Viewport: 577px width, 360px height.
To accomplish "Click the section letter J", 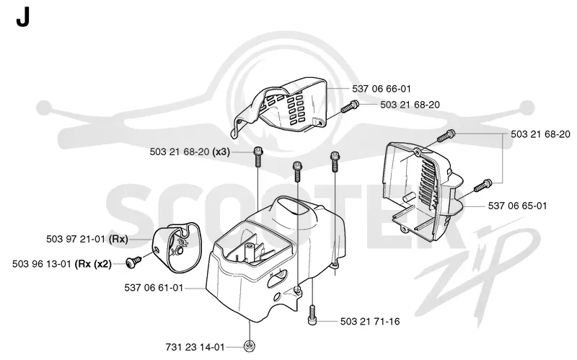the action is (x=22, y=17).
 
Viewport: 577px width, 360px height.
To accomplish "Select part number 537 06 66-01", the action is (x=382, y=89).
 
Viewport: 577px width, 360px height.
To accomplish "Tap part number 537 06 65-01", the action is (x=517, y=206).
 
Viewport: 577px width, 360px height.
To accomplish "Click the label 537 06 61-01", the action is (x=154, y=287).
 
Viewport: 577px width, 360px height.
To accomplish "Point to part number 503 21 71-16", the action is (x=370, y=321).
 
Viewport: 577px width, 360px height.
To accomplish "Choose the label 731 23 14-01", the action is (x=195, y=347).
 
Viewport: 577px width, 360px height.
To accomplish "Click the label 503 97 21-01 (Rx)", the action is (x=87, y=239).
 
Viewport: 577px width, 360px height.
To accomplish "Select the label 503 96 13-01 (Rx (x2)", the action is (x=62, y=264).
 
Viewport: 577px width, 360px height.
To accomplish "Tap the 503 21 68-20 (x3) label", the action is (x=190, y=152).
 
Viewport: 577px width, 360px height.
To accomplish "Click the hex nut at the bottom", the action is (x=249, y=346).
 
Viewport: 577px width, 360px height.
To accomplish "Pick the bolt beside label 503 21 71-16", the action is (x=312, y=315).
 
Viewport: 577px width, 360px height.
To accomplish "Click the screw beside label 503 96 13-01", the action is (x=133, y=262).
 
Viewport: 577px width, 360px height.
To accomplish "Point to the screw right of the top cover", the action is (x=350, y=106).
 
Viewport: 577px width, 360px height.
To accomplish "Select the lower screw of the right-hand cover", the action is (x=483, y=185).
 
